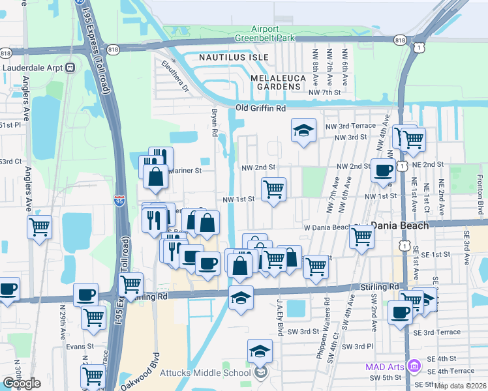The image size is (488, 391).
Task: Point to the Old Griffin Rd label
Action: tap(261, 108)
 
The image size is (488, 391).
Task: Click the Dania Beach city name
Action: tap(400, 225)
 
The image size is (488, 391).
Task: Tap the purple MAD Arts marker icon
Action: tap(412, 365)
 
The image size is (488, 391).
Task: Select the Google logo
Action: tap(22, 383)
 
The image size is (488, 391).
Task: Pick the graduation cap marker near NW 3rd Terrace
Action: tap(303, 131)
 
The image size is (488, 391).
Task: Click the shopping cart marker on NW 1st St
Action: tap(273, 190)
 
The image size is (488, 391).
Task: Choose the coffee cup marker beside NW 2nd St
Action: tap(383, 171)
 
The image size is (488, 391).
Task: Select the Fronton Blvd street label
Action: tap(480, 190)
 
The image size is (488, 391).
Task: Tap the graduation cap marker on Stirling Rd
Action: tap(241, 297)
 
